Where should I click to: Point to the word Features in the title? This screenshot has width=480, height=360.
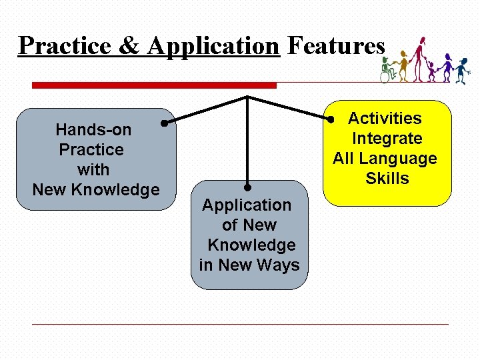point(336,46)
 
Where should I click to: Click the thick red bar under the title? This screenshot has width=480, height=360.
point(154,85)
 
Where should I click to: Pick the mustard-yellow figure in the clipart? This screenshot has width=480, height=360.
point(403,65)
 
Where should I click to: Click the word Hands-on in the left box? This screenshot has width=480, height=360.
point(93,129)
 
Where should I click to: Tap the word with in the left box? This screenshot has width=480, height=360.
point(93,169)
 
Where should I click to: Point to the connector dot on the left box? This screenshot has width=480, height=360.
point(164,123)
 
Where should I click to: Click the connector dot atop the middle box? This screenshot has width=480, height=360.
point(247,188)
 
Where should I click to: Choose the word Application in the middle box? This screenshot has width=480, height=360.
point(247,205)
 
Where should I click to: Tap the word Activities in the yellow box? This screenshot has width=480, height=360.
point(385,119)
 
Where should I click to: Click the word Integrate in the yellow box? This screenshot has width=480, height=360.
point(387,139)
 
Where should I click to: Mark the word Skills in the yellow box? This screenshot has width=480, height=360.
point(387,179)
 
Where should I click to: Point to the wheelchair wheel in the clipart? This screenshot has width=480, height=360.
point(385,77)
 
